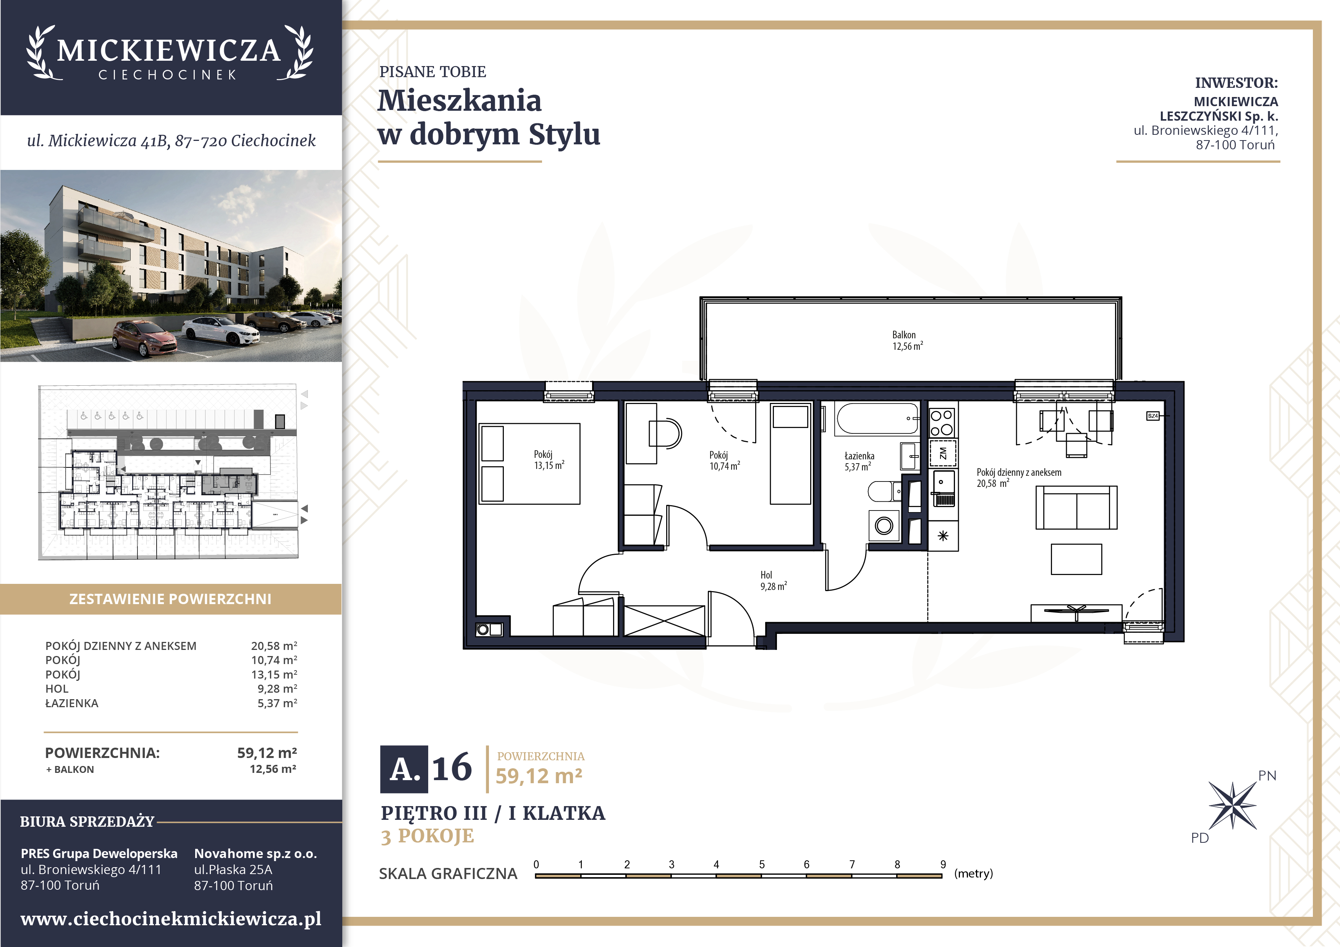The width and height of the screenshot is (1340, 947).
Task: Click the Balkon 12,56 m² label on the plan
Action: [x=907, y=341]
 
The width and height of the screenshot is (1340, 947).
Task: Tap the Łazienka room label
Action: [x=859, y=456]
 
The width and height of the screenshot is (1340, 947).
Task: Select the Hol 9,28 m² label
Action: [x=773, y=580]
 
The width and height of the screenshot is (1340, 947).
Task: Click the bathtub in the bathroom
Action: [x=877, y=419]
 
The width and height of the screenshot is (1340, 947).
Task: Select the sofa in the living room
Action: [x=1076, y=507]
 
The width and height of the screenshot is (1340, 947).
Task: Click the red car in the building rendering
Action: [x=144, y=338]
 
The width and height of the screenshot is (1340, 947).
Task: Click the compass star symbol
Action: [x=1232, y=806]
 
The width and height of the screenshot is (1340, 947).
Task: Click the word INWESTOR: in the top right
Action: [x=1236, y=83]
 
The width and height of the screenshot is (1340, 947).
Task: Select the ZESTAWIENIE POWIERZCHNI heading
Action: [x=170, y=599]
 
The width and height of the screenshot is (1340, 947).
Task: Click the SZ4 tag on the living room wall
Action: [x=1153, y=416]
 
